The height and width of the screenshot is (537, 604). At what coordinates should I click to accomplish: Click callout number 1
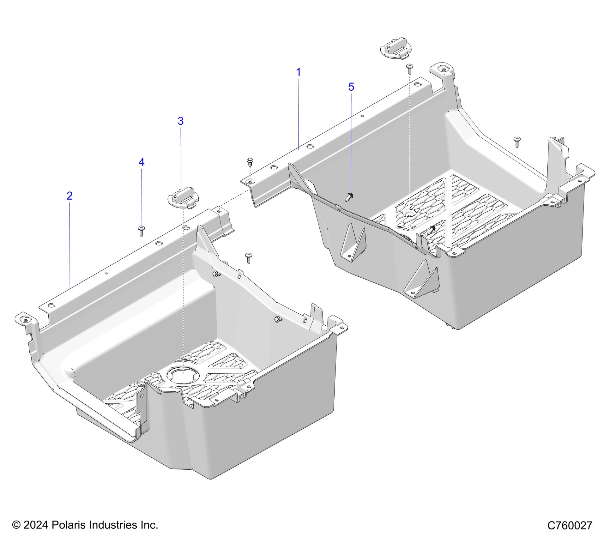pos(298,72)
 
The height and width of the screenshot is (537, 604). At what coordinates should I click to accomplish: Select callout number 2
pos(69,196)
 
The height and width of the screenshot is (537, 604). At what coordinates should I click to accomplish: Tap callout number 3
pos(180,121)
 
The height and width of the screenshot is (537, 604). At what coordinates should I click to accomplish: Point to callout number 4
pos(141,162)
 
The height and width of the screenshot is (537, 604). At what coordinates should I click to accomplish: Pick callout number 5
pos(351,87)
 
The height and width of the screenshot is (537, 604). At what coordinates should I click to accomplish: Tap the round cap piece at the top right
pos(396,48)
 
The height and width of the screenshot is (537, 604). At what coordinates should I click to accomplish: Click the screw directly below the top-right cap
pos(410,68)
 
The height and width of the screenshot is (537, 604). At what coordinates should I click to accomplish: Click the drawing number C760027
pos(569,525)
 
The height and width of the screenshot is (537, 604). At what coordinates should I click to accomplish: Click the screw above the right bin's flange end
pos(250,162)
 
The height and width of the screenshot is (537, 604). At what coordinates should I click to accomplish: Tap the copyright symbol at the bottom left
pos(16,525)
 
